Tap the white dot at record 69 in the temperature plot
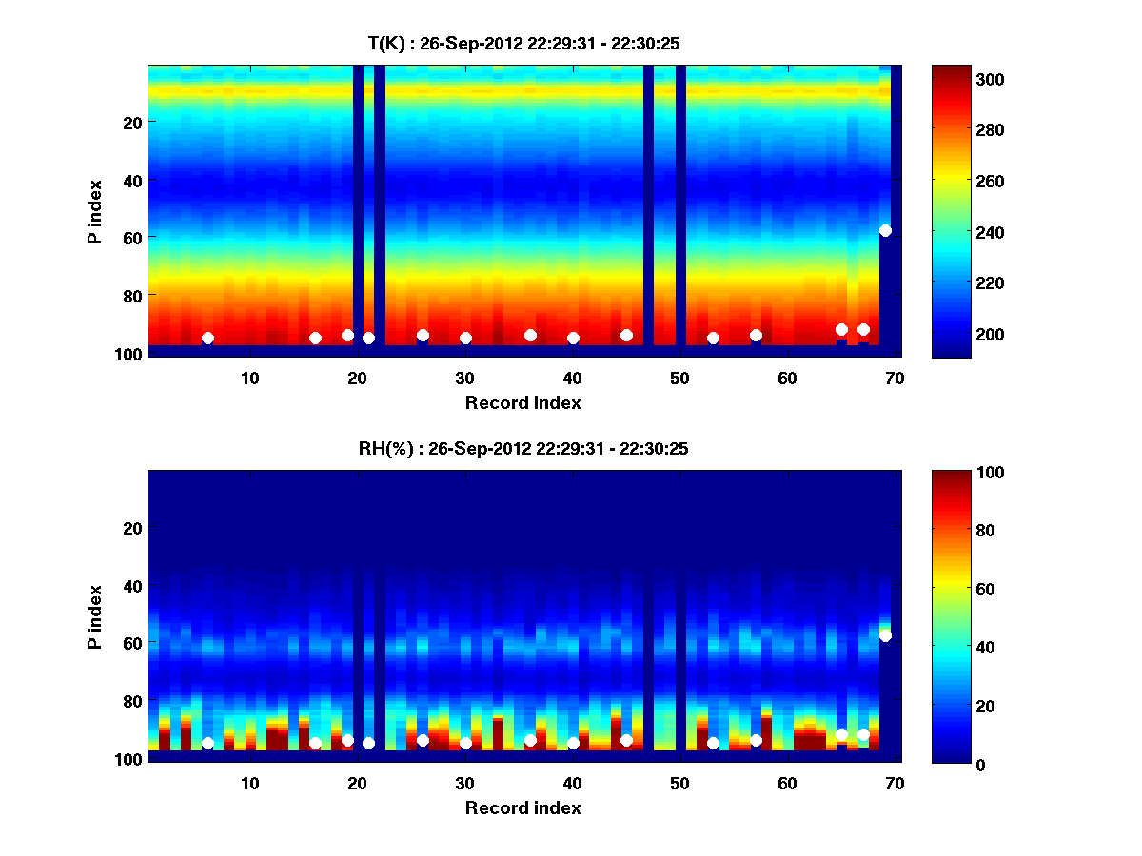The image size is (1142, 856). click(x=885, y=230)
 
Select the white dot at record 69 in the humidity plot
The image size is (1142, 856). click(x=885, y=635)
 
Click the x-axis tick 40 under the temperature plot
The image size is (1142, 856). click(x=572, y=378)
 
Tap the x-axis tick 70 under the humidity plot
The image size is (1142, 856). click(x=895, y=783)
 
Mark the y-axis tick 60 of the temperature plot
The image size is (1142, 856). click(x=131, y=237)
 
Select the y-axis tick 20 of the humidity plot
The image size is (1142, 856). click(x=131, y=528)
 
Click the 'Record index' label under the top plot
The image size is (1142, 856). click(x=523, y=402)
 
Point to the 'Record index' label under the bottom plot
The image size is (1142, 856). click(x=523, y=807)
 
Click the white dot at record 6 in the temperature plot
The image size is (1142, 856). click(x=207, y=338)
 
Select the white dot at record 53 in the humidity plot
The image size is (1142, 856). click(x=713, y=743)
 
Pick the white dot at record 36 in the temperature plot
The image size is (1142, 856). click(x=530, y=335)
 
